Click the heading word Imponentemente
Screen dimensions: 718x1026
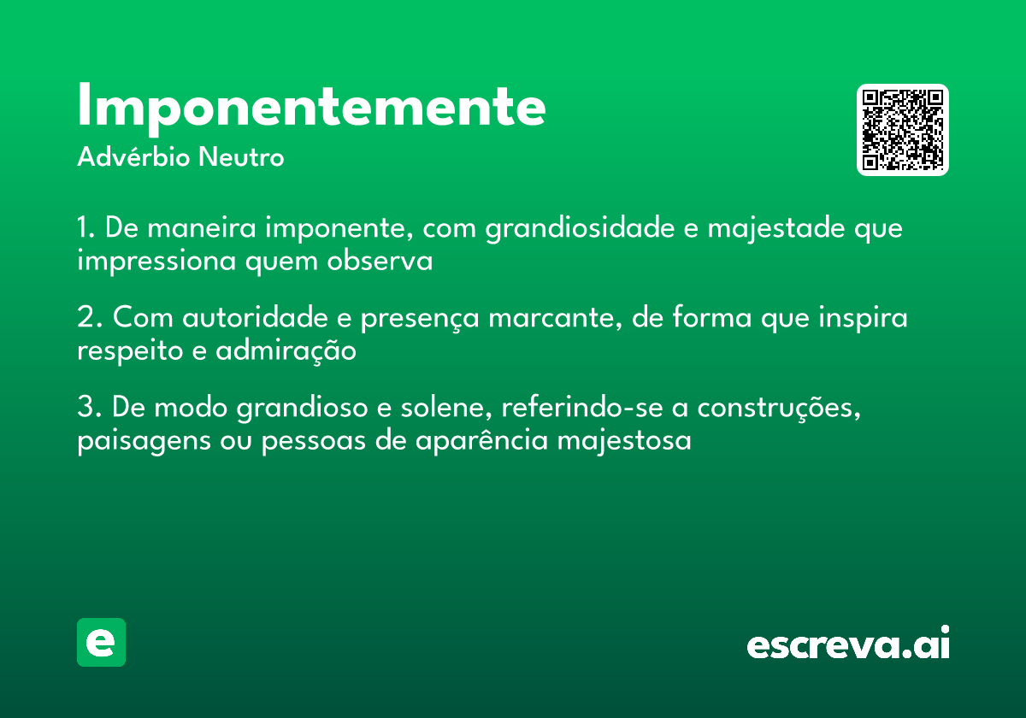311,107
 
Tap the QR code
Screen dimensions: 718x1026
903,130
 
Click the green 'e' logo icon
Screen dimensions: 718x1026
101,643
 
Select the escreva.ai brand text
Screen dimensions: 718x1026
848,644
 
